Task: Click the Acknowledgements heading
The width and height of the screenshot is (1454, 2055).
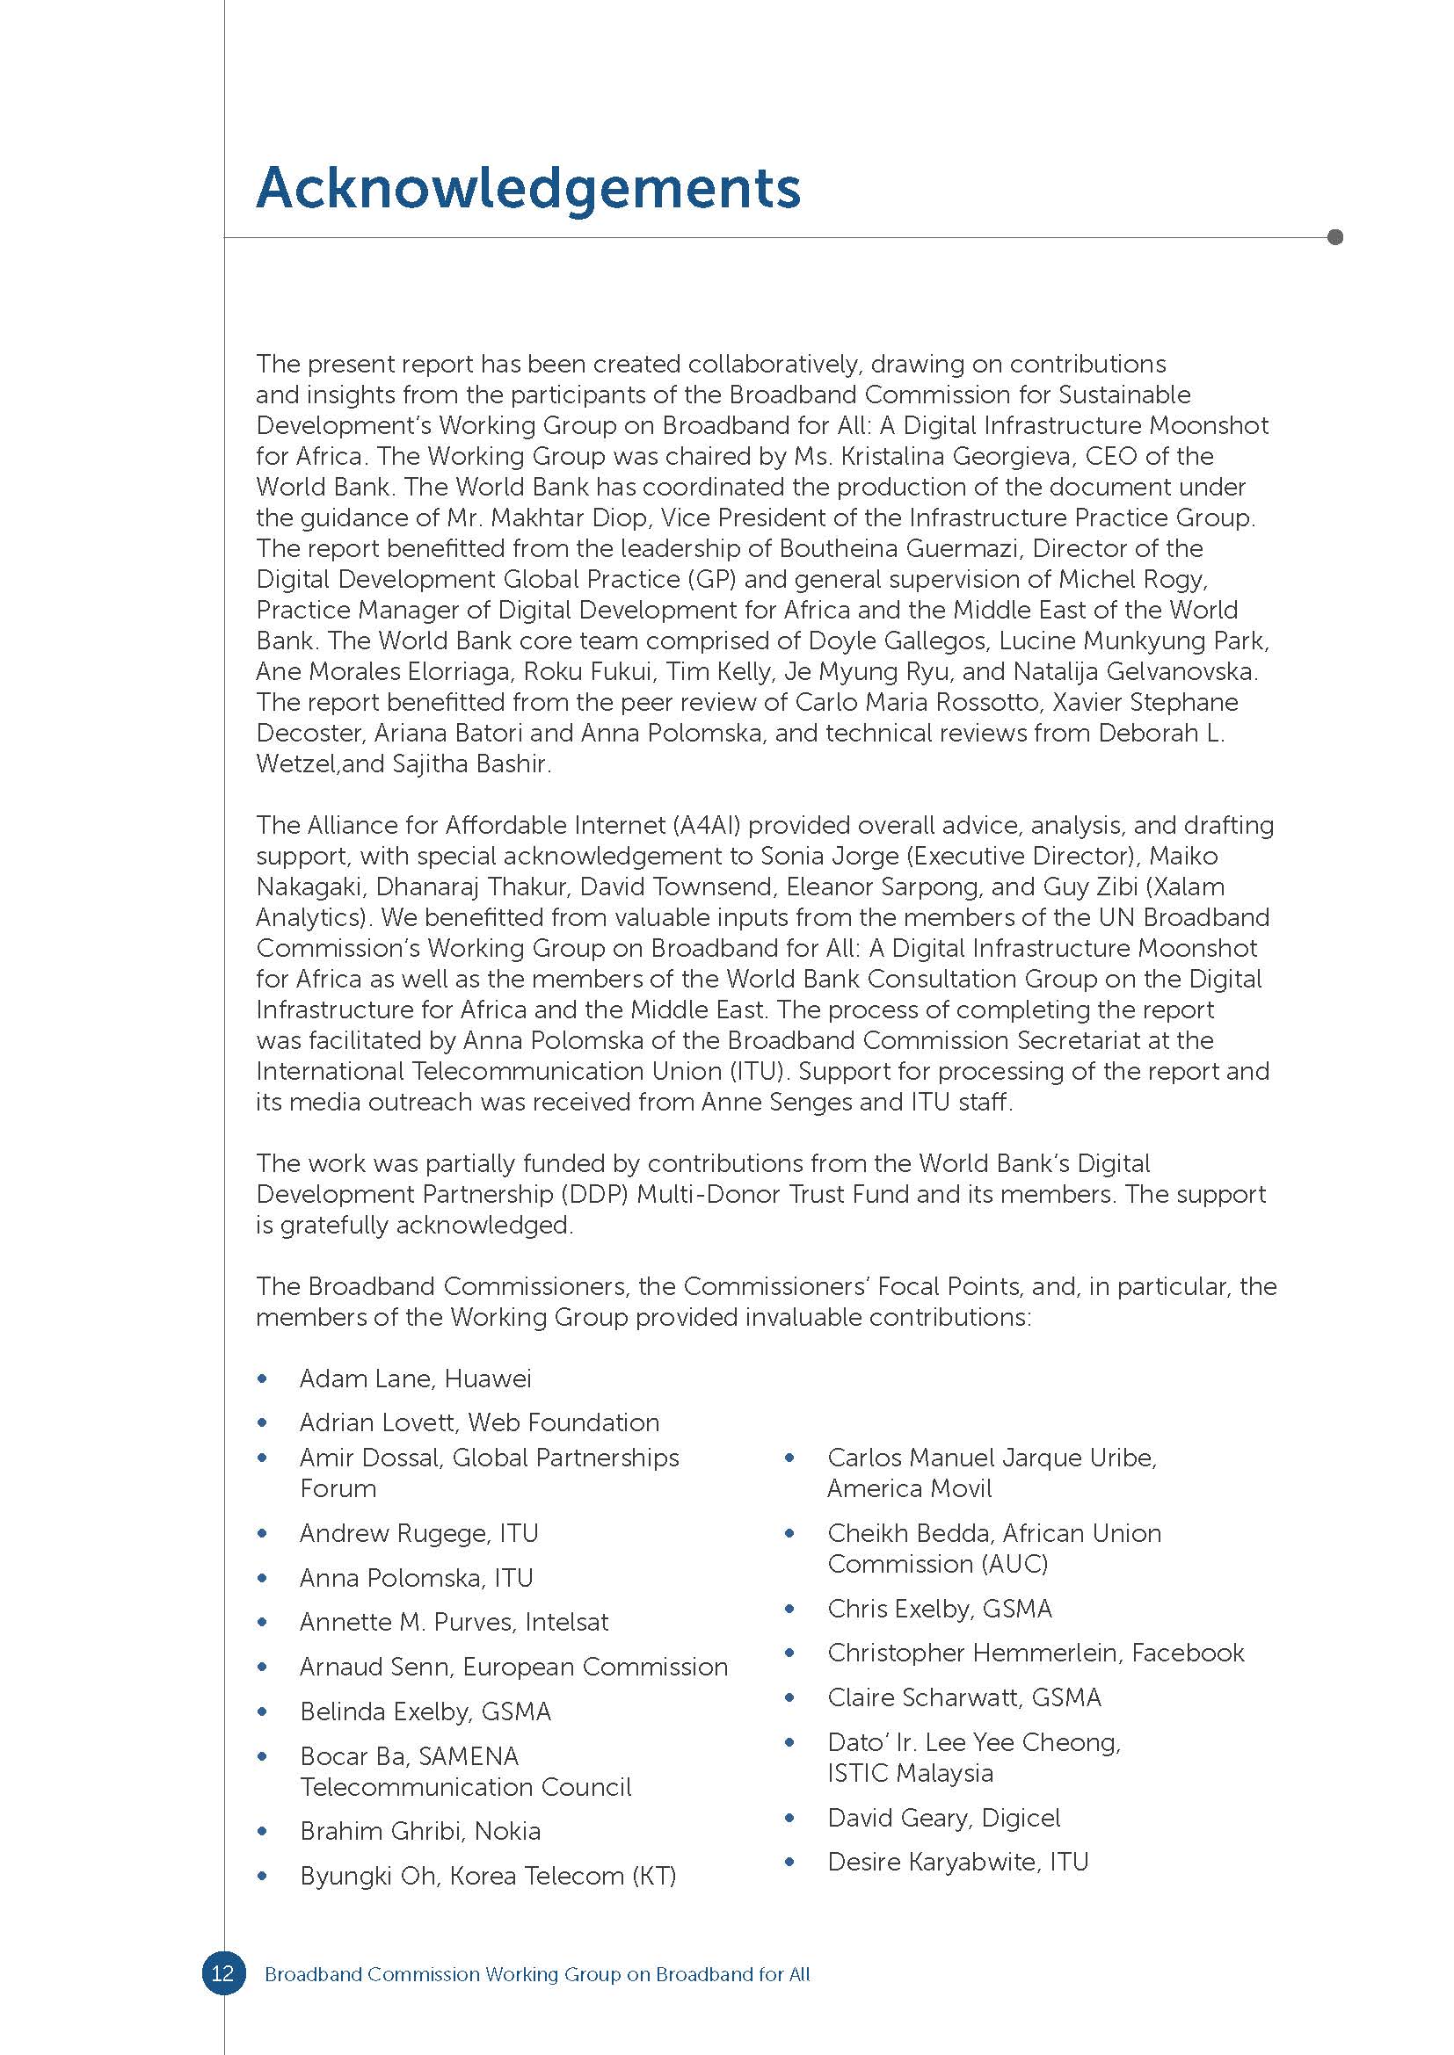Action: tap(528, 190)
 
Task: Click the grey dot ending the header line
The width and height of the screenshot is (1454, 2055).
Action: tap(1335, 237)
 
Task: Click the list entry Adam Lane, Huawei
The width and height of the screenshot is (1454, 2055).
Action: tap(416, 1378)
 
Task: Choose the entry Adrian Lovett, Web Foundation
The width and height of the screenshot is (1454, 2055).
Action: tap(479, 1422)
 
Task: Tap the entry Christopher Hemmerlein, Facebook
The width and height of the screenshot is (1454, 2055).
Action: tap(1035, 1653)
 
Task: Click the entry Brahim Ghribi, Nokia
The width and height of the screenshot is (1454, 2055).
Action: tap(420, 1830)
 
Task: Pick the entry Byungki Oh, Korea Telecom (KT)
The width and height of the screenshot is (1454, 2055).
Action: tap(488, 1875)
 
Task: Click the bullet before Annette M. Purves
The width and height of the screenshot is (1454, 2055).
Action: tap(262, 1622)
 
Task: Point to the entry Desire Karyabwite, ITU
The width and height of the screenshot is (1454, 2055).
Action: tap(957, 1862)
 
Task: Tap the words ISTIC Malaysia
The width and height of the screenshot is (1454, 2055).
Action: tap(910, 1773)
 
